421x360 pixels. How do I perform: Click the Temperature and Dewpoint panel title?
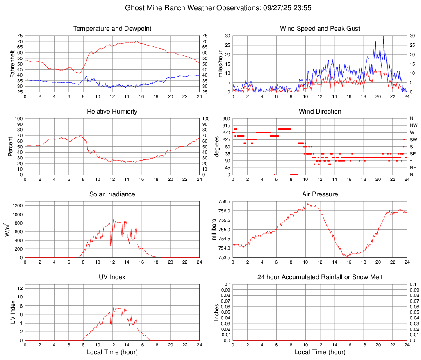click(x=112, y=29)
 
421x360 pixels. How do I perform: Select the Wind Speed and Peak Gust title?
click(x=320, y=29)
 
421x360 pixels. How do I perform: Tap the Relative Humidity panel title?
click(x=112, y=112)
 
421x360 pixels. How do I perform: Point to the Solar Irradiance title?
click(x=112, y=194)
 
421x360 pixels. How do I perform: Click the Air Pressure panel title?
click(x=320, y=194)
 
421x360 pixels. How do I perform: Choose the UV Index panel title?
click(x=112, y=277)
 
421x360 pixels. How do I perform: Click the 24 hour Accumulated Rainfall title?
click(x=320, y=277)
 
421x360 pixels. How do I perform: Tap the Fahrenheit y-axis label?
click(x=11, y=64)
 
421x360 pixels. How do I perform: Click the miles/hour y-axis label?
click(x=220, y=64)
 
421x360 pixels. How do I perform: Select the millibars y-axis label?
click(x=214, y=229)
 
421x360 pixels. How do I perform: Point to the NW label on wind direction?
click(x=413, y=125)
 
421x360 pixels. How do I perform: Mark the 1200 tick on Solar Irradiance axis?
click(x=17, y=203)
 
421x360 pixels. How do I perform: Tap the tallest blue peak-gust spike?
click(x=383, y=37)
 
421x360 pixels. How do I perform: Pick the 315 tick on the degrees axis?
click(x=226, y=125)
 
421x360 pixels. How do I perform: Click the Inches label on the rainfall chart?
click(x=217, y=312)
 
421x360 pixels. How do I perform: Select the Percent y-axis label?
click(x=11, y=146)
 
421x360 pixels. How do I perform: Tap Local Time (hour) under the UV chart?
click(x=112, y=352)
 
